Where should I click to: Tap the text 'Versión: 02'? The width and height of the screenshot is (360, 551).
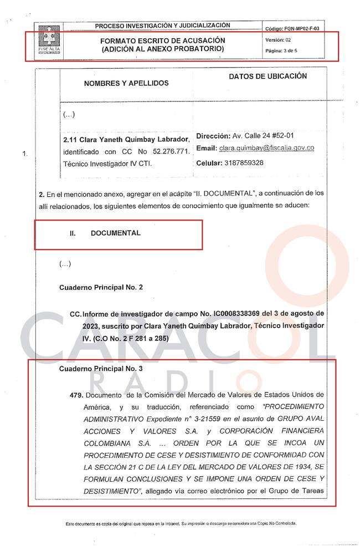[279, 40]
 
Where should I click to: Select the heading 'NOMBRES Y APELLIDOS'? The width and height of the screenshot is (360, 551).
[126, 83]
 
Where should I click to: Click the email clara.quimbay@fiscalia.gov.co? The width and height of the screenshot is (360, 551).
[266, 149]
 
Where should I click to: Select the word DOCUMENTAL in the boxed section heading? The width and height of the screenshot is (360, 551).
[115, 233]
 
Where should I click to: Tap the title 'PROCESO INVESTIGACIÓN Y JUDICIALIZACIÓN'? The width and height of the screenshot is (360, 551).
[162, 25]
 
